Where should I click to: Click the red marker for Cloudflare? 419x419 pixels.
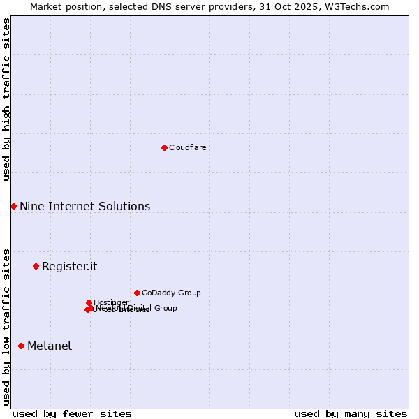pos(164,147)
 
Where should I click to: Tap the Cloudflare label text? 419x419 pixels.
pos(187,147)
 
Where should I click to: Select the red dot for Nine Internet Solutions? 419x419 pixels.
pos(13,206)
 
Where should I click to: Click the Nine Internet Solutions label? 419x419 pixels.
pos(84,206)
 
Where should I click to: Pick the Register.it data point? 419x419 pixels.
pos(36,266)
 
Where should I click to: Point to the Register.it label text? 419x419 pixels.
pos(69,266)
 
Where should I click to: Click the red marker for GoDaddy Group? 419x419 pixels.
pos(137,293)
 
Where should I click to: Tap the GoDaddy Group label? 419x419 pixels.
pos(170,293)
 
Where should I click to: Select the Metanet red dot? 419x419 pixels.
pos(21,346)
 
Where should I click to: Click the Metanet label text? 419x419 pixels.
pos(50,346)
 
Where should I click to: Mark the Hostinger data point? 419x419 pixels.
pos(89,302)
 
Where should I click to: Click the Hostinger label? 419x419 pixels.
pos(111,302)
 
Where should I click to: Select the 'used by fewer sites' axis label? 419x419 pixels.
pos(72,413)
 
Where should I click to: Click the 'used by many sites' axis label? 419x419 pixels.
pos(351,413)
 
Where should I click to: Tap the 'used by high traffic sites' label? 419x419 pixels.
pos(6,99)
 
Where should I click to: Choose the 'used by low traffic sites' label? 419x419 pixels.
pos(6,327)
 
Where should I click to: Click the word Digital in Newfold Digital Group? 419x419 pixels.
pos(139,308)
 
